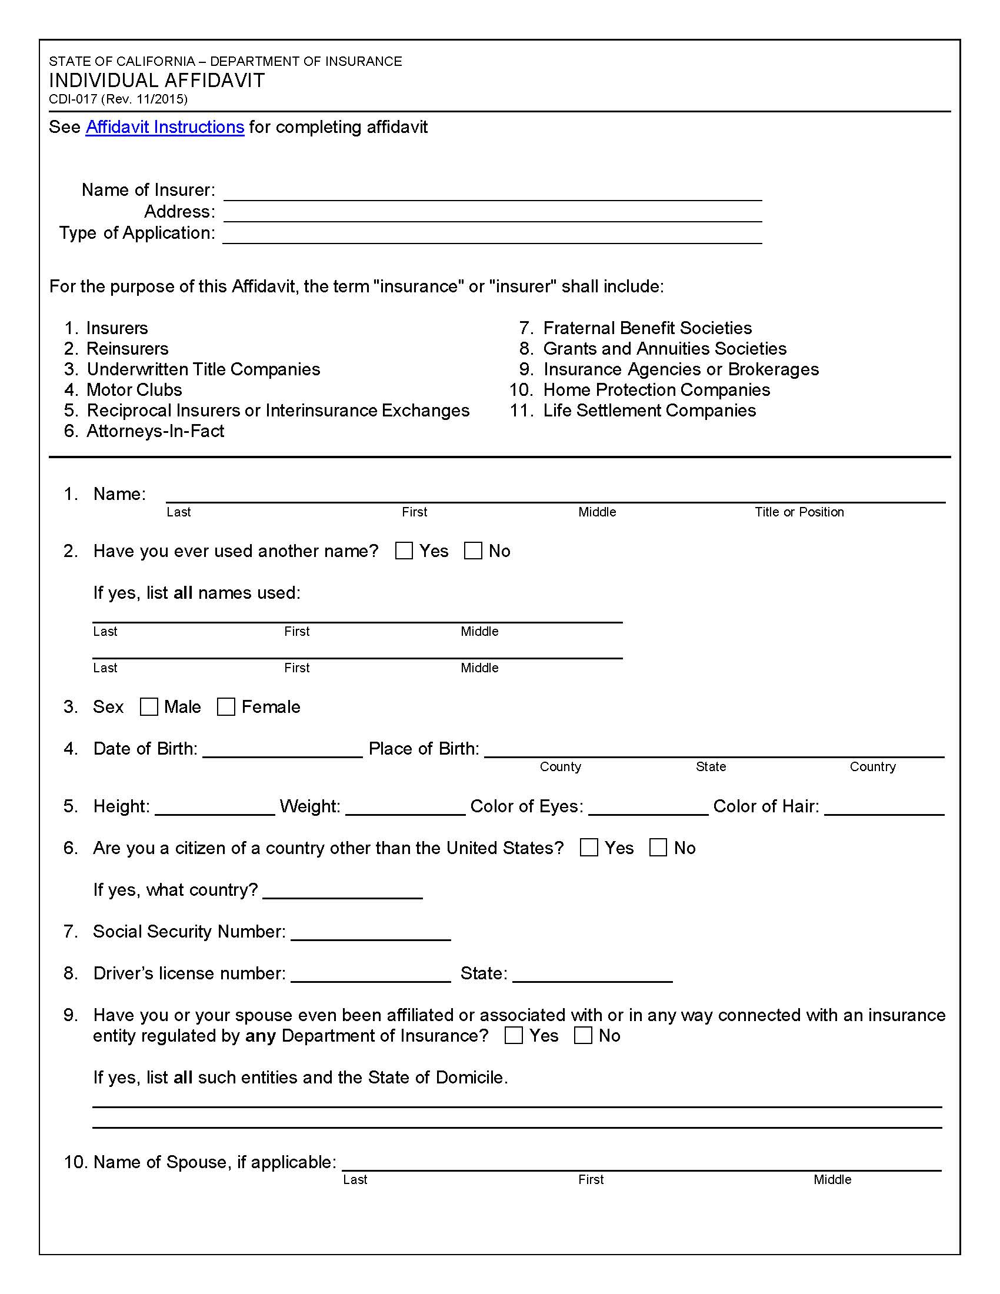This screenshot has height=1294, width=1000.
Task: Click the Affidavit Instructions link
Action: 165,127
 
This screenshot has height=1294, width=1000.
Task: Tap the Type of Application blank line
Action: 492,236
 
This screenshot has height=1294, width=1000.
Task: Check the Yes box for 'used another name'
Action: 404,551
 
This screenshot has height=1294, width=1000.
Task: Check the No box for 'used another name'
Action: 473,551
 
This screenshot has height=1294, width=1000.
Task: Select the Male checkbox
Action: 149,706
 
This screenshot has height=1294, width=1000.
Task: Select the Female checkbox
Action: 226,706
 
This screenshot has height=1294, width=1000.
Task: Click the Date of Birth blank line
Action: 282,750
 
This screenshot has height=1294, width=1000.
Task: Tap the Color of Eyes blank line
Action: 648,808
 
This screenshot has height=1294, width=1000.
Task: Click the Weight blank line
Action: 405,808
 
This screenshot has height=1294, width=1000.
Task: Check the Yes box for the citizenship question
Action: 589,847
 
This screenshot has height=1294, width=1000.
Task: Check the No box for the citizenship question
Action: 658,847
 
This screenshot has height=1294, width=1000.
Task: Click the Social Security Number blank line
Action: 371,933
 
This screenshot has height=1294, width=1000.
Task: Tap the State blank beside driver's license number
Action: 592,975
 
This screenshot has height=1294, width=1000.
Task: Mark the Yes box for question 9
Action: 514,1035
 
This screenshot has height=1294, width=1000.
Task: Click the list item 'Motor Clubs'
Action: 134,389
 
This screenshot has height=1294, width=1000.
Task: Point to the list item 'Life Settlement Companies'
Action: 649,410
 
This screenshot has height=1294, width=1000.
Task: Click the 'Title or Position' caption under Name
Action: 799,512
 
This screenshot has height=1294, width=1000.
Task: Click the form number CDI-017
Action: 73,99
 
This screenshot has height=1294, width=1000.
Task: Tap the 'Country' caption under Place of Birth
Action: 872,766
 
